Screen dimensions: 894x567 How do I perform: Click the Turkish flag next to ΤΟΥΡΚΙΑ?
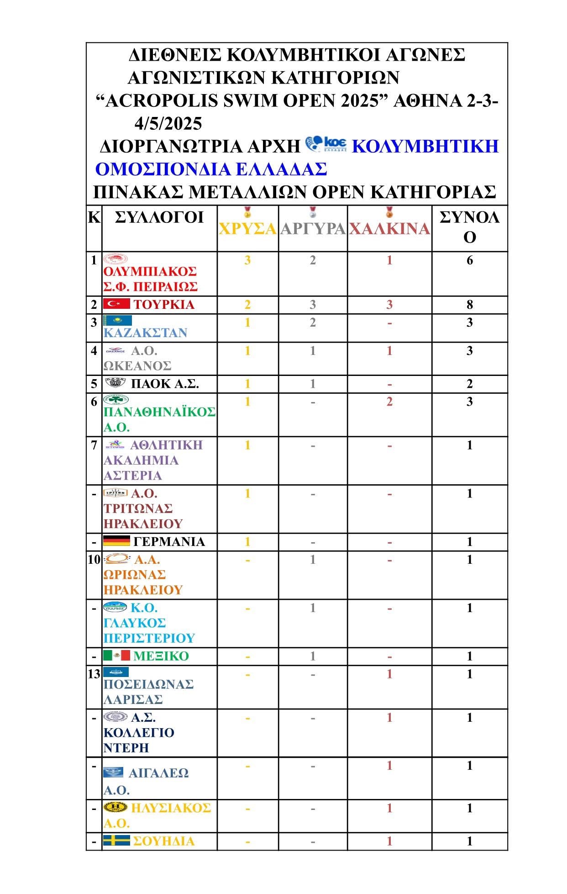pos(116,304)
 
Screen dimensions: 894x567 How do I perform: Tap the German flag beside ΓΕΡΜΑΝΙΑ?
pos(116,541)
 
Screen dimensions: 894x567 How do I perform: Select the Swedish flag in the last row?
pos(116,841)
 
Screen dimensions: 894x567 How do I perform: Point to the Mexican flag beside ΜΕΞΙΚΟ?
pos(116,656)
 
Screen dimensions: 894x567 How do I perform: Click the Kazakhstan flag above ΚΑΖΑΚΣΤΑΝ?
pos(117,320)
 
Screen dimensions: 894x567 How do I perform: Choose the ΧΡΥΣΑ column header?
pos(247,228)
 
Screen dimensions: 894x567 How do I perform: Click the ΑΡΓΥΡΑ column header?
pos(313,228)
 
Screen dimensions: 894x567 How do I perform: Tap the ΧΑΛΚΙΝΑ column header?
pos(389,228)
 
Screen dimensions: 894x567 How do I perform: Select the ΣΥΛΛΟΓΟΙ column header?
pos(159,217)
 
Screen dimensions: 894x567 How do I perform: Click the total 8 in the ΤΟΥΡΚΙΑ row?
pos(469,305)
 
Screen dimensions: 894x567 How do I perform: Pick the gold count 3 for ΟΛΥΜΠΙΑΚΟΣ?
pos(247,260)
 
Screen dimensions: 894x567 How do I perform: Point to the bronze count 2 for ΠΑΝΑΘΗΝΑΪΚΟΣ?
pos(389,402)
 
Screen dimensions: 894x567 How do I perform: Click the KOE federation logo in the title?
pos(326,144)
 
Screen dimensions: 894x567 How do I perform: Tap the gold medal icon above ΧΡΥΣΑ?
pos(247,212)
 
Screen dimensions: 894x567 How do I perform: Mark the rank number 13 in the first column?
pos(94,674)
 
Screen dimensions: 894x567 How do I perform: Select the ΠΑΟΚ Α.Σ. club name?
pos(165,384)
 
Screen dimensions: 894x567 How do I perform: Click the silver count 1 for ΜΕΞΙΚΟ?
pos(313,656)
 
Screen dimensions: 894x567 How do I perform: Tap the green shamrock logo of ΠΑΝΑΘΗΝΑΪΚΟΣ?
pos(116,399)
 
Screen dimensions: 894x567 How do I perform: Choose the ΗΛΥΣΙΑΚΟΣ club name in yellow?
pos(171,808)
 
